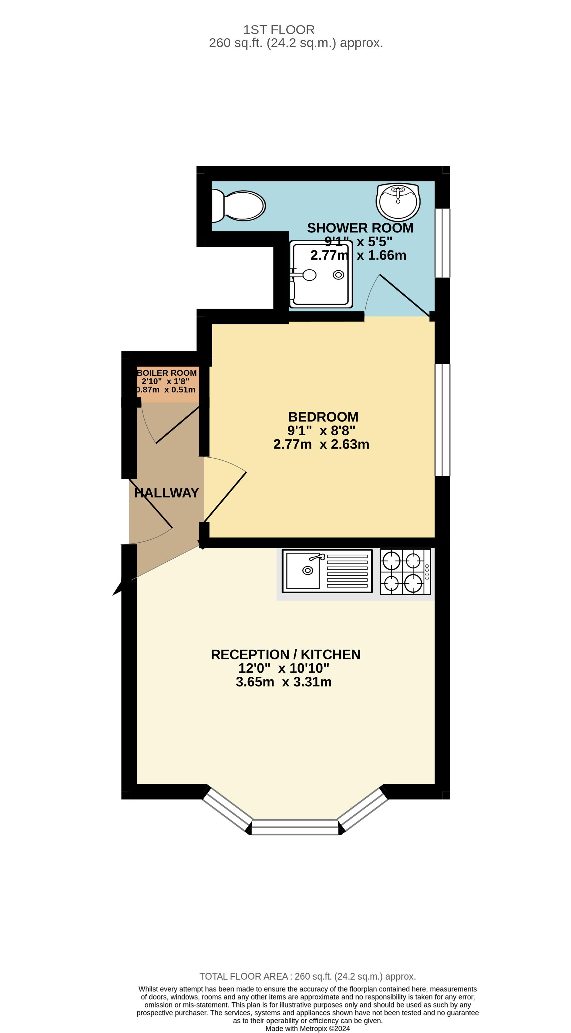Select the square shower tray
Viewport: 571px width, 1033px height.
coord(321,274)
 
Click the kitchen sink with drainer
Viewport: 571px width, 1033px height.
coord(327,571)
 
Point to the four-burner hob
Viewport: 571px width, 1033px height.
coord(405,571)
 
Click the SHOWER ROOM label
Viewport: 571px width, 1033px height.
coord(360,228)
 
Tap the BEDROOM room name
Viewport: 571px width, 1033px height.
coord(323,417)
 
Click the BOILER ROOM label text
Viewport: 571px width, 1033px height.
coord(167,373)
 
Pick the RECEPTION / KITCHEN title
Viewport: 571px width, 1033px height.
coord(285,655)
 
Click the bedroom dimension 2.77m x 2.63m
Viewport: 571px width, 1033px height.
coord(321,444)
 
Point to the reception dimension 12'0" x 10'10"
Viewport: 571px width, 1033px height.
coord(284,668)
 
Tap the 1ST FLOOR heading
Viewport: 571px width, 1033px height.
coord(279,30)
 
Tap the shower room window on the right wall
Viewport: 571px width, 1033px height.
coord(442,243)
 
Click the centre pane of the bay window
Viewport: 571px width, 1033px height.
coord(295,827)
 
